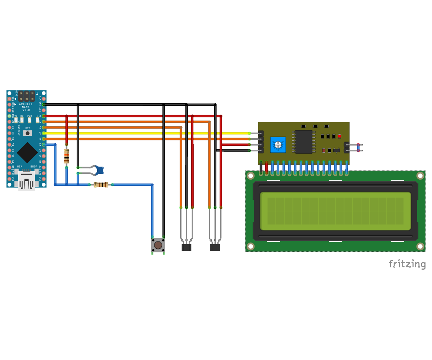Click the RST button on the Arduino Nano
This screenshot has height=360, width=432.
(x=27, y=133)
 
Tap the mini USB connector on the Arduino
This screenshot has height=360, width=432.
(x=27, y=180)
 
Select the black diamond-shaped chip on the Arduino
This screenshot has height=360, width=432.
(x=27, y=153)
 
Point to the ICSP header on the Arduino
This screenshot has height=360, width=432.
(x=27, y=96)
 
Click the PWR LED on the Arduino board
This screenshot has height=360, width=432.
(x=30, y=120)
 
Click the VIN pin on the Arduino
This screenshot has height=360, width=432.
(x=44, y=99)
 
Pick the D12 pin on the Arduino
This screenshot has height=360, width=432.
(x=9, y=179)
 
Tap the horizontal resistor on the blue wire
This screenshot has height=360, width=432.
(x=101, y=185)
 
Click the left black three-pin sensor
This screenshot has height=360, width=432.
(x=186, y=247)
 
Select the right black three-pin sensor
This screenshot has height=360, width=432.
(x=215, y=247)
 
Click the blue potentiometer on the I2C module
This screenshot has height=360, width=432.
(x=278, y=145)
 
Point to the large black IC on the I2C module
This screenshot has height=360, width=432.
(x=303, y=142)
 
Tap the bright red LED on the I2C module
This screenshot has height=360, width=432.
(x=339, y=136)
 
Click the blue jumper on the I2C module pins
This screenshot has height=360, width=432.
(x=358, y=148)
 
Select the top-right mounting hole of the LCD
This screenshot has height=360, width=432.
(x=420, y=176)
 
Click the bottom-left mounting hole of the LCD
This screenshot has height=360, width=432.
(x=251, y=246)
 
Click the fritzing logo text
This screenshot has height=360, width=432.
(x=407, y=264)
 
